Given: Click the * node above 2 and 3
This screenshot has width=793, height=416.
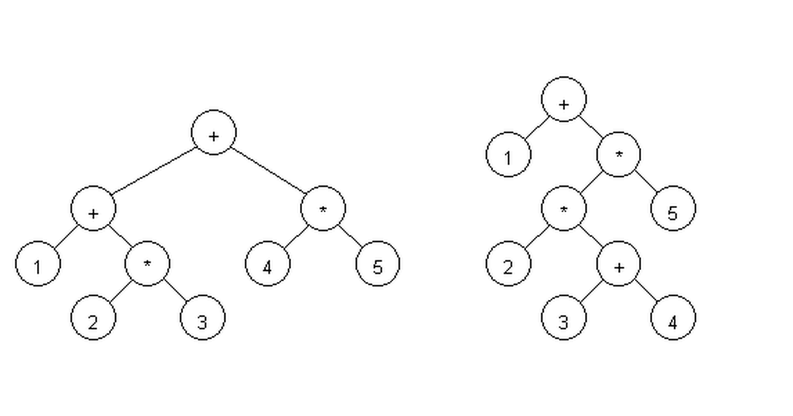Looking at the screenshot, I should point(147,263).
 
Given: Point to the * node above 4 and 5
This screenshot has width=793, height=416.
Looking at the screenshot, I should point(322,209).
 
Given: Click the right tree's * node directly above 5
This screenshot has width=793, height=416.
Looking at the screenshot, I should point(619,155).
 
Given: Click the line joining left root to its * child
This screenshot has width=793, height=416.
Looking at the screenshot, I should point(268,170).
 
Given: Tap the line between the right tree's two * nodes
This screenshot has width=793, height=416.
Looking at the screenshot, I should point(591,182).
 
